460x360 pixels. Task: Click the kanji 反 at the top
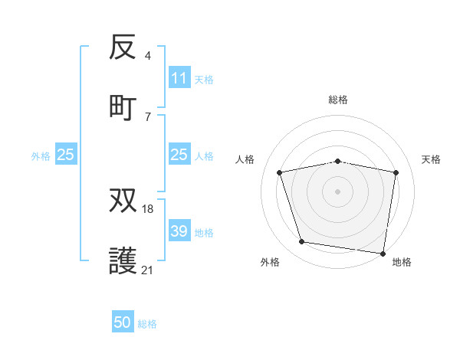123,48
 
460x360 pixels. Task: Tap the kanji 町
123,107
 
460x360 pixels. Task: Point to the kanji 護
123,260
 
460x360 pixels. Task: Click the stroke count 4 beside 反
147,56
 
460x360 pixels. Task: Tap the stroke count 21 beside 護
148,270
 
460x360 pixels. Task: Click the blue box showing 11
179,78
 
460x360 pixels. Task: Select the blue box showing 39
179,231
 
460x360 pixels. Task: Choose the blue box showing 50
123,323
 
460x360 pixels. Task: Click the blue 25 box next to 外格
65,155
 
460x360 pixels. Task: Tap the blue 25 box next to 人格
179,155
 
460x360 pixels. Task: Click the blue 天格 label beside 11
204,79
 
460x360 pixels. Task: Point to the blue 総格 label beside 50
147,324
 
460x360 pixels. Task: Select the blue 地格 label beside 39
204,232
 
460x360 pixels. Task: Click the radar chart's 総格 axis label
338,100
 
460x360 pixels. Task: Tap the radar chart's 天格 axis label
432,159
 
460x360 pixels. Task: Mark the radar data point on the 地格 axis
383,253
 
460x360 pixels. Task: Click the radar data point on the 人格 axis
280,172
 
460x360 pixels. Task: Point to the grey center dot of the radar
338,191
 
